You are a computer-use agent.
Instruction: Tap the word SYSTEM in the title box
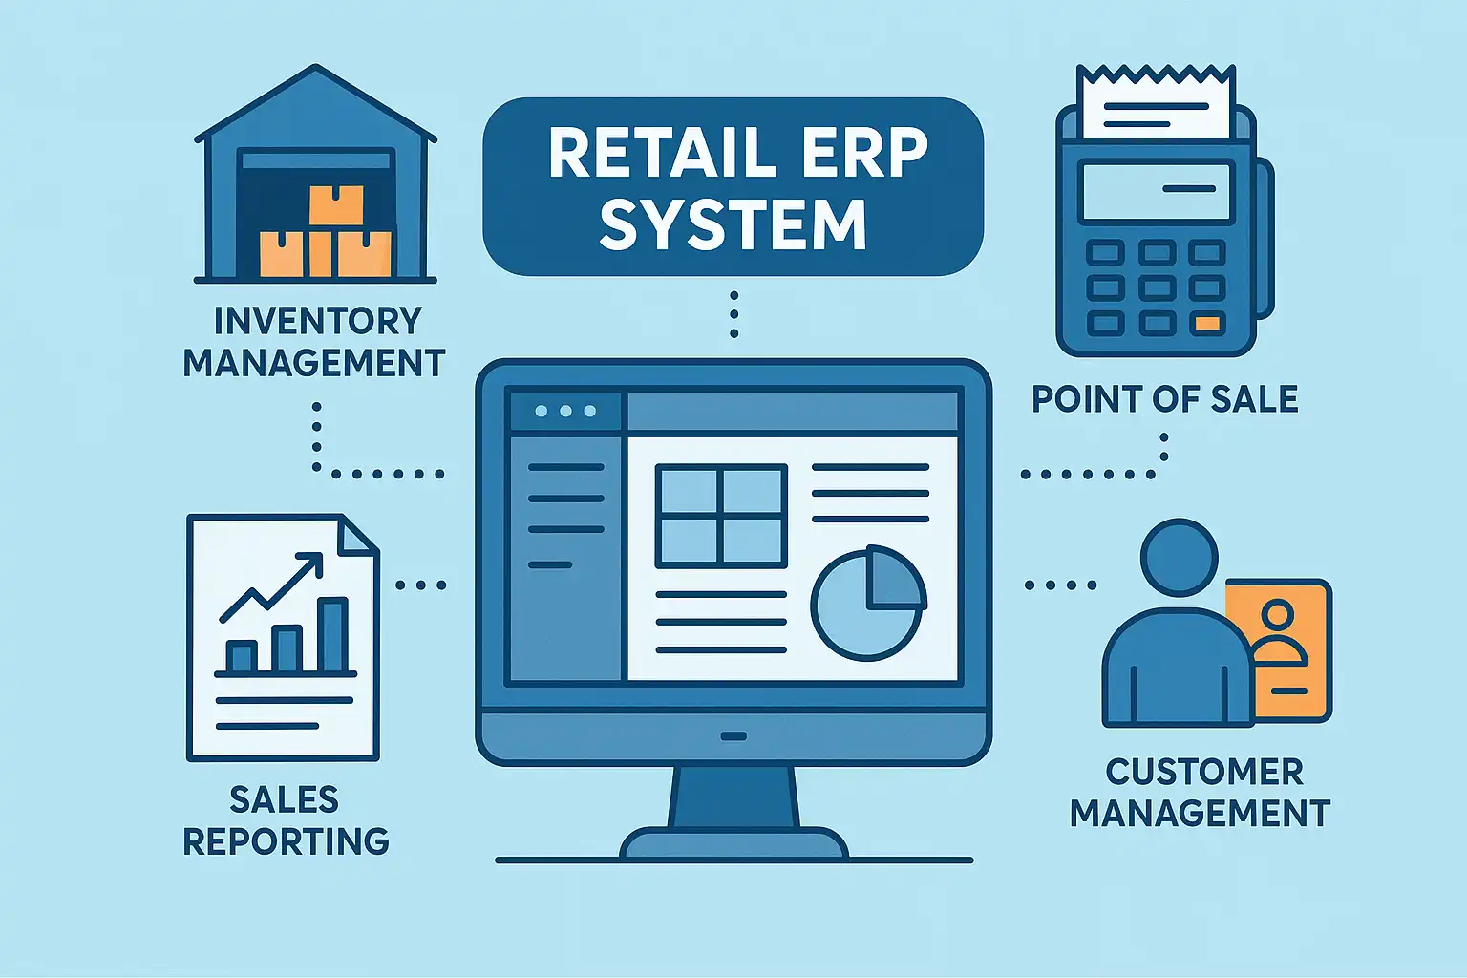pos(733,225)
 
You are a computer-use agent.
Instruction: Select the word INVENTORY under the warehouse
pos(317,321)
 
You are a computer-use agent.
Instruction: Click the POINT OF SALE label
pos(1164,399)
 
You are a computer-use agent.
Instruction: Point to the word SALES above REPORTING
pos(285,799)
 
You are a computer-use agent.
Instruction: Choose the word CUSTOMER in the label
pos(1204,772)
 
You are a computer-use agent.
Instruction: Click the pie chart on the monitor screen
pos(867,603)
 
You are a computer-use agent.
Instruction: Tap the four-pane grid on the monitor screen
pos(721,516)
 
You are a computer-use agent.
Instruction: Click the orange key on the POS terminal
pos(1207,324)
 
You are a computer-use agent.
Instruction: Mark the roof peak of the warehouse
pos(315,70)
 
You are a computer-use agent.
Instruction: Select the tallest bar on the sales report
pos(332,635)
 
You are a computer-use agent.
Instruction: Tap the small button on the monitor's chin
pos(733,736)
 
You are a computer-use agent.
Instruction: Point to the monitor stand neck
pos(733,797)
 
